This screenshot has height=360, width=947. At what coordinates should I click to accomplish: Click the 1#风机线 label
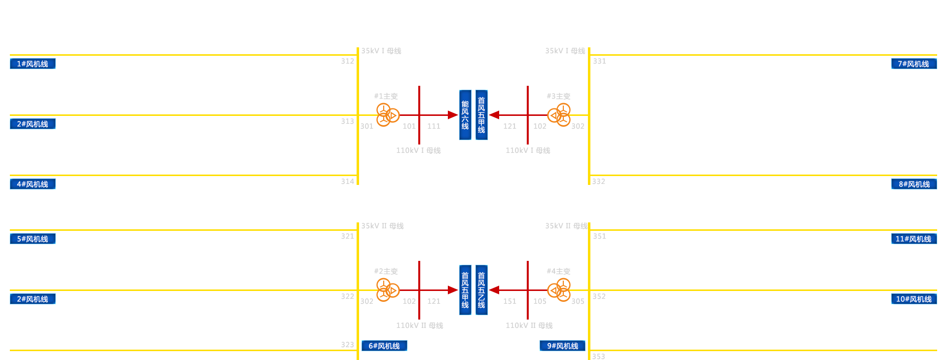click(33, 64)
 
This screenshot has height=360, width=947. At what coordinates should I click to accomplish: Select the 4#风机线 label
click(33, 184)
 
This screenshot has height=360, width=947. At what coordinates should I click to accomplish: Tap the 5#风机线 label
click(33, 239)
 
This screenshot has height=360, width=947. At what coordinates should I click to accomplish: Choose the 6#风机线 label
click(384, 346)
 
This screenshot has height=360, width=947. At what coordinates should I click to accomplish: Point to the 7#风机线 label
click(913, 64)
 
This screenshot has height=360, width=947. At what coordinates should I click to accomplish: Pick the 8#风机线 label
click(914, 184)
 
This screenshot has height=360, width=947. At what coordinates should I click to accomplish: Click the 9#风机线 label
click(562, 346)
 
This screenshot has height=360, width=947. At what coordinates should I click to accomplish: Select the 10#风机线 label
click(913, 299)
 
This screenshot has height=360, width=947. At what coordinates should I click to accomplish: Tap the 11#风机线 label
click(913, 239)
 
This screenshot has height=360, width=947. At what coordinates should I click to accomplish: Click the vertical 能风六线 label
click(465, 115)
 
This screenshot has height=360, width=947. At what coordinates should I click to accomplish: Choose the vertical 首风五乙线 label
click(481, 290)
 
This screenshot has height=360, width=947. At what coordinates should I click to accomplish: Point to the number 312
click(347, 61)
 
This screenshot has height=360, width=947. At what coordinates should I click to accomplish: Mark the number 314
click(347, 181)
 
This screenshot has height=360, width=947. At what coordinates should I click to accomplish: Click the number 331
click(600, 61)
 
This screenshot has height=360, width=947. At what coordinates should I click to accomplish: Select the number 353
click(598, 356)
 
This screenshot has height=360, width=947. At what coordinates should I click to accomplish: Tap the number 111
click(434, 126)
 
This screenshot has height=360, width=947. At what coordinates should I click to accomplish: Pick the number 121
click(434, 301)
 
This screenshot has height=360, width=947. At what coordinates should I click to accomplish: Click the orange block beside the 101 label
click(388, 115)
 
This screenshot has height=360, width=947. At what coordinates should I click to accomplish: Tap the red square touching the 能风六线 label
click(453, 115)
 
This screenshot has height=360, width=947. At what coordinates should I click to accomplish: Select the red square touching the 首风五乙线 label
click(494, 290)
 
